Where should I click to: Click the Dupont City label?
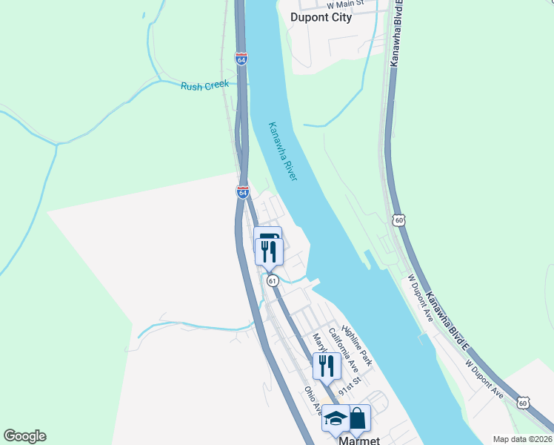click(321, 18)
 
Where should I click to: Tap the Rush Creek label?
click(204, 86)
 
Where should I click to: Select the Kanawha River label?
click(283, 152)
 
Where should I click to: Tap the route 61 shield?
click(273, 280)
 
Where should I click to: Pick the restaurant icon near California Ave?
click(326, 365)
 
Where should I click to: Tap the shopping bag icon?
click(358, 418)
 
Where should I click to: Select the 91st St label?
click(348, 386)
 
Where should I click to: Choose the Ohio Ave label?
click(313, 399)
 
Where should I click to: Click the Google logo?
click(24, 436)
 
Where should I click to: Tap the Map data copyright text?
click(522, 439)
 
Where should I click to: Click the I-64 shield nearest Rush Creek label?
click(241, 59)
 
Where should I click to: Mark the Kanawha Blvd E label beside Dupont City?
click(397, 33)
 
